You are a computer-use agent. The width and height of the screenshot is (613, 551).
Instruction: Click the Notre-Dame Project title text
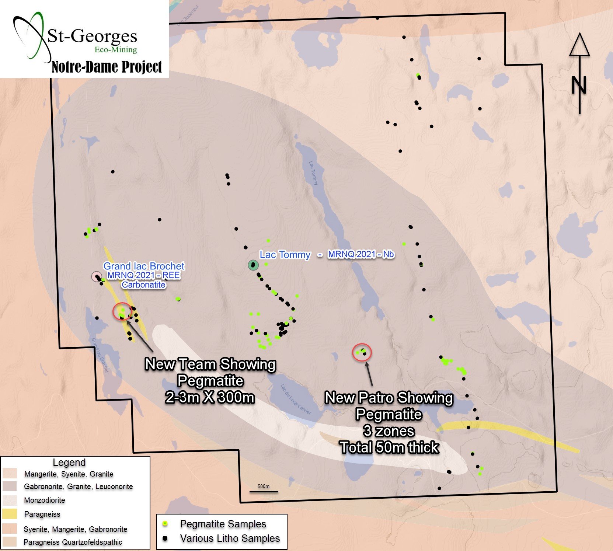(x=107, y=67)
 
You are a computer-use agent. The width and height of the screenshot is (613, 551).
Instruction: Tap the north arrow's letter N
(x=579, y=86)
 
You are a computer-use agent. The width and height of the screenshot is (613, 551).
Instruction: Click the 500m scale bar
(x=264, y=491)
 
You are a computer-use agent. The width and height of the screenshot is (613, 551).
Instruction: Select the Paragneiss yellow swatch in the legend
(x=10, y=514)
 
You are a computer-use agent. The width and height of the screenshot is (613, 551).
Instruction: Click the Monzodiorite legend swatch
(x=10, y=500)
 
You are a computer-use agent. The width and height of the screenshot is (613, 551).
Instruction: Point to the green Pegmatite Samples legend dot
(x=166, y=524)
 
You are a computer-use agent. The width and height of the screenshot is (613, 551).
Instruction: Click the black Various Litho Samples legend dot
(x=166, y=538)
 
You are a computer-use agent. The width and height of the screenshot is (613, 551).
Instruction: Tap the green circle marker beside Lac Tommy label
(x=253, y=265)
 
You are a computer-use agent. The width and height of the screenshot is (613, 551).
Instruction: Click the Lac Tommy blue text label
(x=285, y=255)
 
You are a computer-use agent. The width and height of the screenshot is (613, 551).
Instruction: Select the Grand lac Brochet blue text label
(x=144, y=266)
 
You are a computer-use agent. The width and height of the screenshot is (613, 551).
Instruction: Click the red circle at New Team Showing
(x=122, y=311)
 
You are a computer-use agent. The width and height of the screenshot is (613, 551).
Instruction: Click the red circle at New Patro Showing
(x=362, y=352)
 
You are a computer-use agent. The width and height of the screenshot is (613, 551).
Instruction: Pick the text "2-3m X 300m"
(x=210, y=398)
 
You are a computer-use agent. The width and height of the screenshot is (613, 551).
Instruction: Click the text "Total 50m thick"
(x=390, y=447)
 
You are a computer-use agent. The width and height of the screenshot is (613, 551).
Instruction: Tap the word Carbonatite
(x=144, y=285)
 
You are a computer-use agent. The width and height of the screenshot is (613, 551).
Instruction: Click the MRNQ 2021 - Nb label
(x=361, y=254)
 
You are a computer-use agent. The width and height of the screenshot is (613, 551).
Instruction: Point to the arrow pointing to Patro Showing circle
(x=369, y=374)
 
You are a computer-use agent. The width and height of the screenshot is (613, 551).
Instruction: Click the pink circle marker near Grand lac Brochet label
(x=97, y=277)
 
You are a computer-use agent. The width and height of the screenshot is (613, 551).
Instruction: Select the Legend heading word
(x=69, y=463)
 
